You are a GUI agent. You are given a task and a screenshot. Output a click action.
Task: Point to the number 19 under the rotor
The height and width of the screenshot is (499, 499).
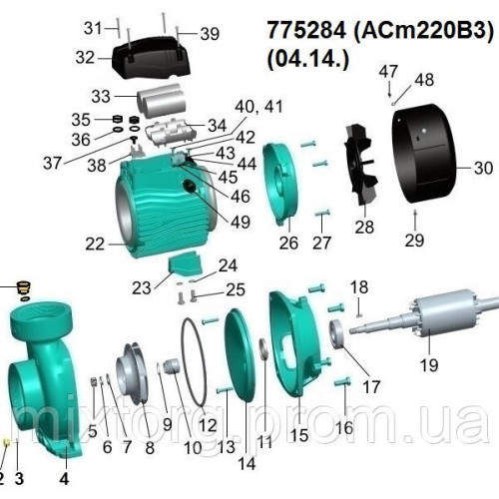click(x=428, y=365)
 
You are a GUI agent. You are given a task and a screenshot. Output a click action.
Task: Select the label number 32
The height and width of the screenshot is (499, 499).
click(x=86, y=58)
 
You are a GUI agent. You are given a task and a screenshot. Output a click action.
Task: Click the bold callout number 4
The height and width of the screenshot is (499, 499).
click(x=66, y=477)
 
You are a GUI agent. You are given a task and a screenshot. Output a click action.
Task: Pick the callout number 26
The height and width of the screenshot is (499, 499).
click(x=288, y=241)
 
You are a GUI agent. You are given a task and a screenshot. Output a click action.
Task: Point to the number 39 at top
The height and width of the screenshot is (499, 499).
click(x=209, y=34)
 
